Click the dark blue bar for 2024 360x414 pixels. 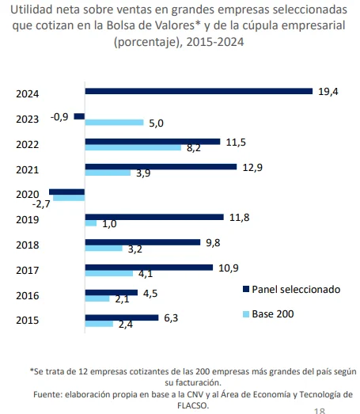[199, 91]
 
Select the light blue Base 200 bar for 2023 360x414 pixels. [114, 123]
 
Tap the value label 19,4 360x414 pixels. [328, 92]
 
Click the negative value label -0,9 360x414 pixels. [59, 116]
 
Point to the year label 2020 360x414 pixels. [28, 194]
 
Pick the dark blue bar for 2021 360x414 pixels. [161, 166]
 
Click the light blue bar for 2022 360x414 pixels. [134, 148]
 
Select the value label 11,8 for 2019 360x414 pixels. [240, 216]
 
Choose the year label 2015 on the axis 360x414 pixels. [28, 321]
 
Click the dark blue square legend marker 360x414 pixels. [245, 289]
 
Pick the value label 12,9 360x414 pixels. [252, 166]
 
